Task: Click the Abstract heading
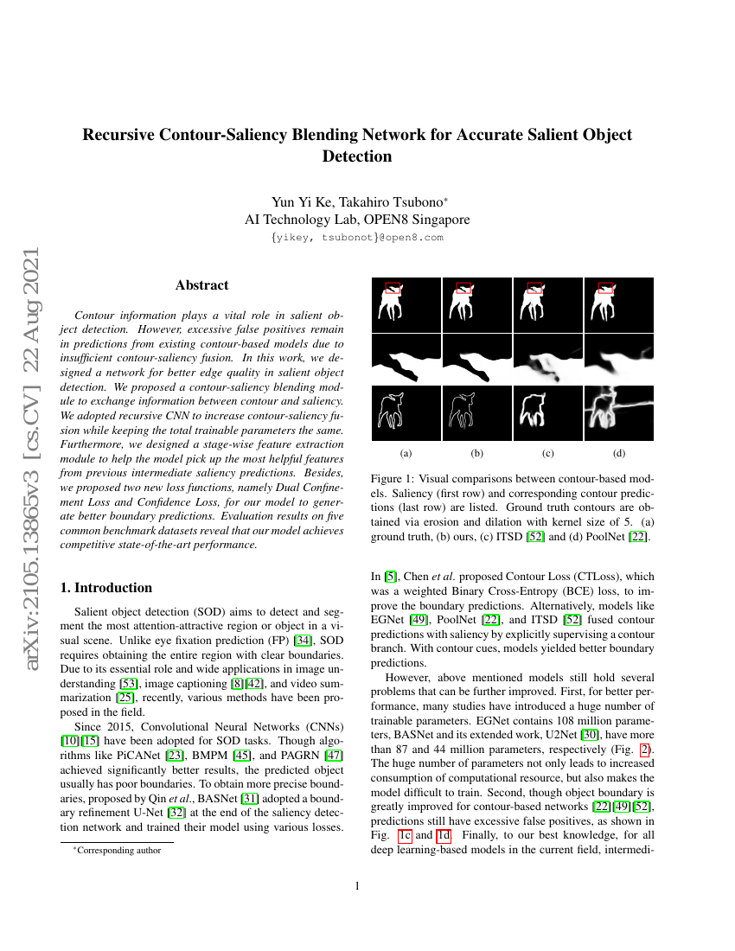[201, 285]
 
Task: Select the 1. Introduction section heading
[105, 588]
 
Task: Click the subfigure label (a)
[406, 453]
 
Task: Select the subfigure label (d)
[619, 453]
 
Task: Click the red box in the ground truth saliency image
[393, 289]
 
